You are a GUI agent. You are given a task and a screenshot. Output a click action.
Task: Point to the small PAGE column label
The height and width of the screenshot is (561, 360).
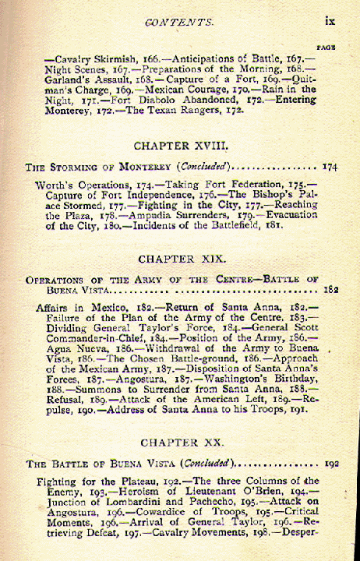(x=327, y=47)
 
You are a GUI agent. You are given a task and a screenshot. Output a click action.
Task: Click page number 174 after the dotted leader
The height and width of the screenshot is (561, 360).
(x=329, y=167)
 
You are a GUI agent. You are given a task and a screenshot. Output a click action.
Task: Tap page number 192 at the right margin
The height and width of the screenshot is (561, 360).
(x=330, y=463)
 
